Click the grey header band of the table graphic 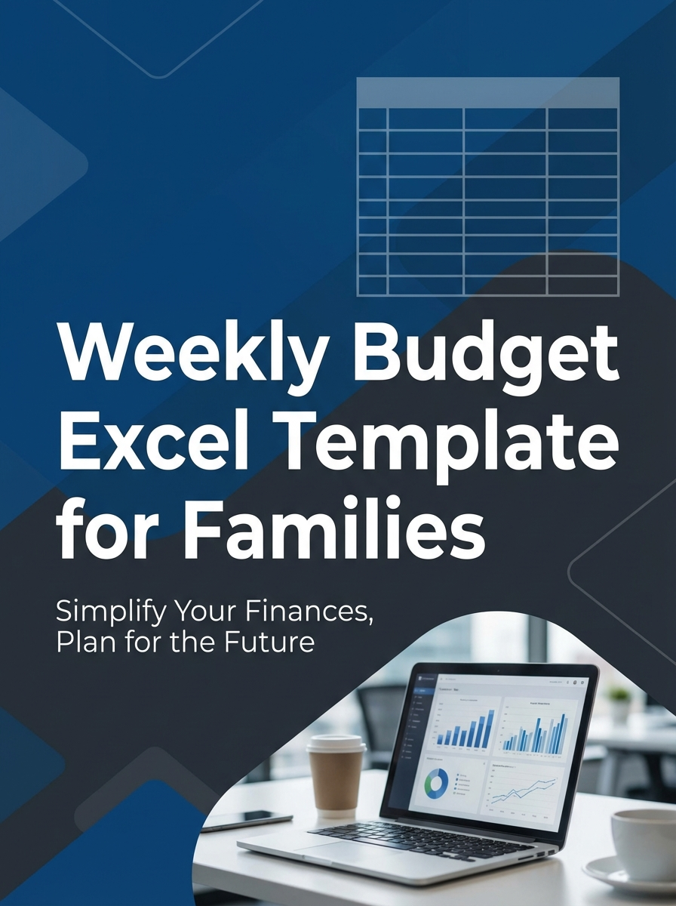click(487, 92)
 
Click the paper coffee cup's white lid click(336, 745)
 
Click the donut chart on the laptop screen click(435, 783)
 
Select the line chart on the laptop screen click(524, 788)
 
